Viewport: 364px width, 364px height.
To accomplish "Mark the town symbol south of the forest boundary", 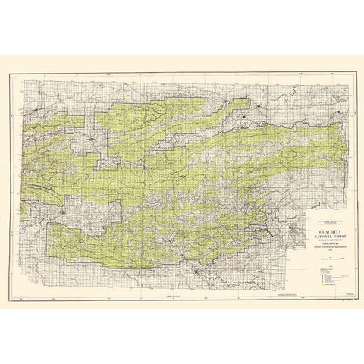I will [x=199, y=271].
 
